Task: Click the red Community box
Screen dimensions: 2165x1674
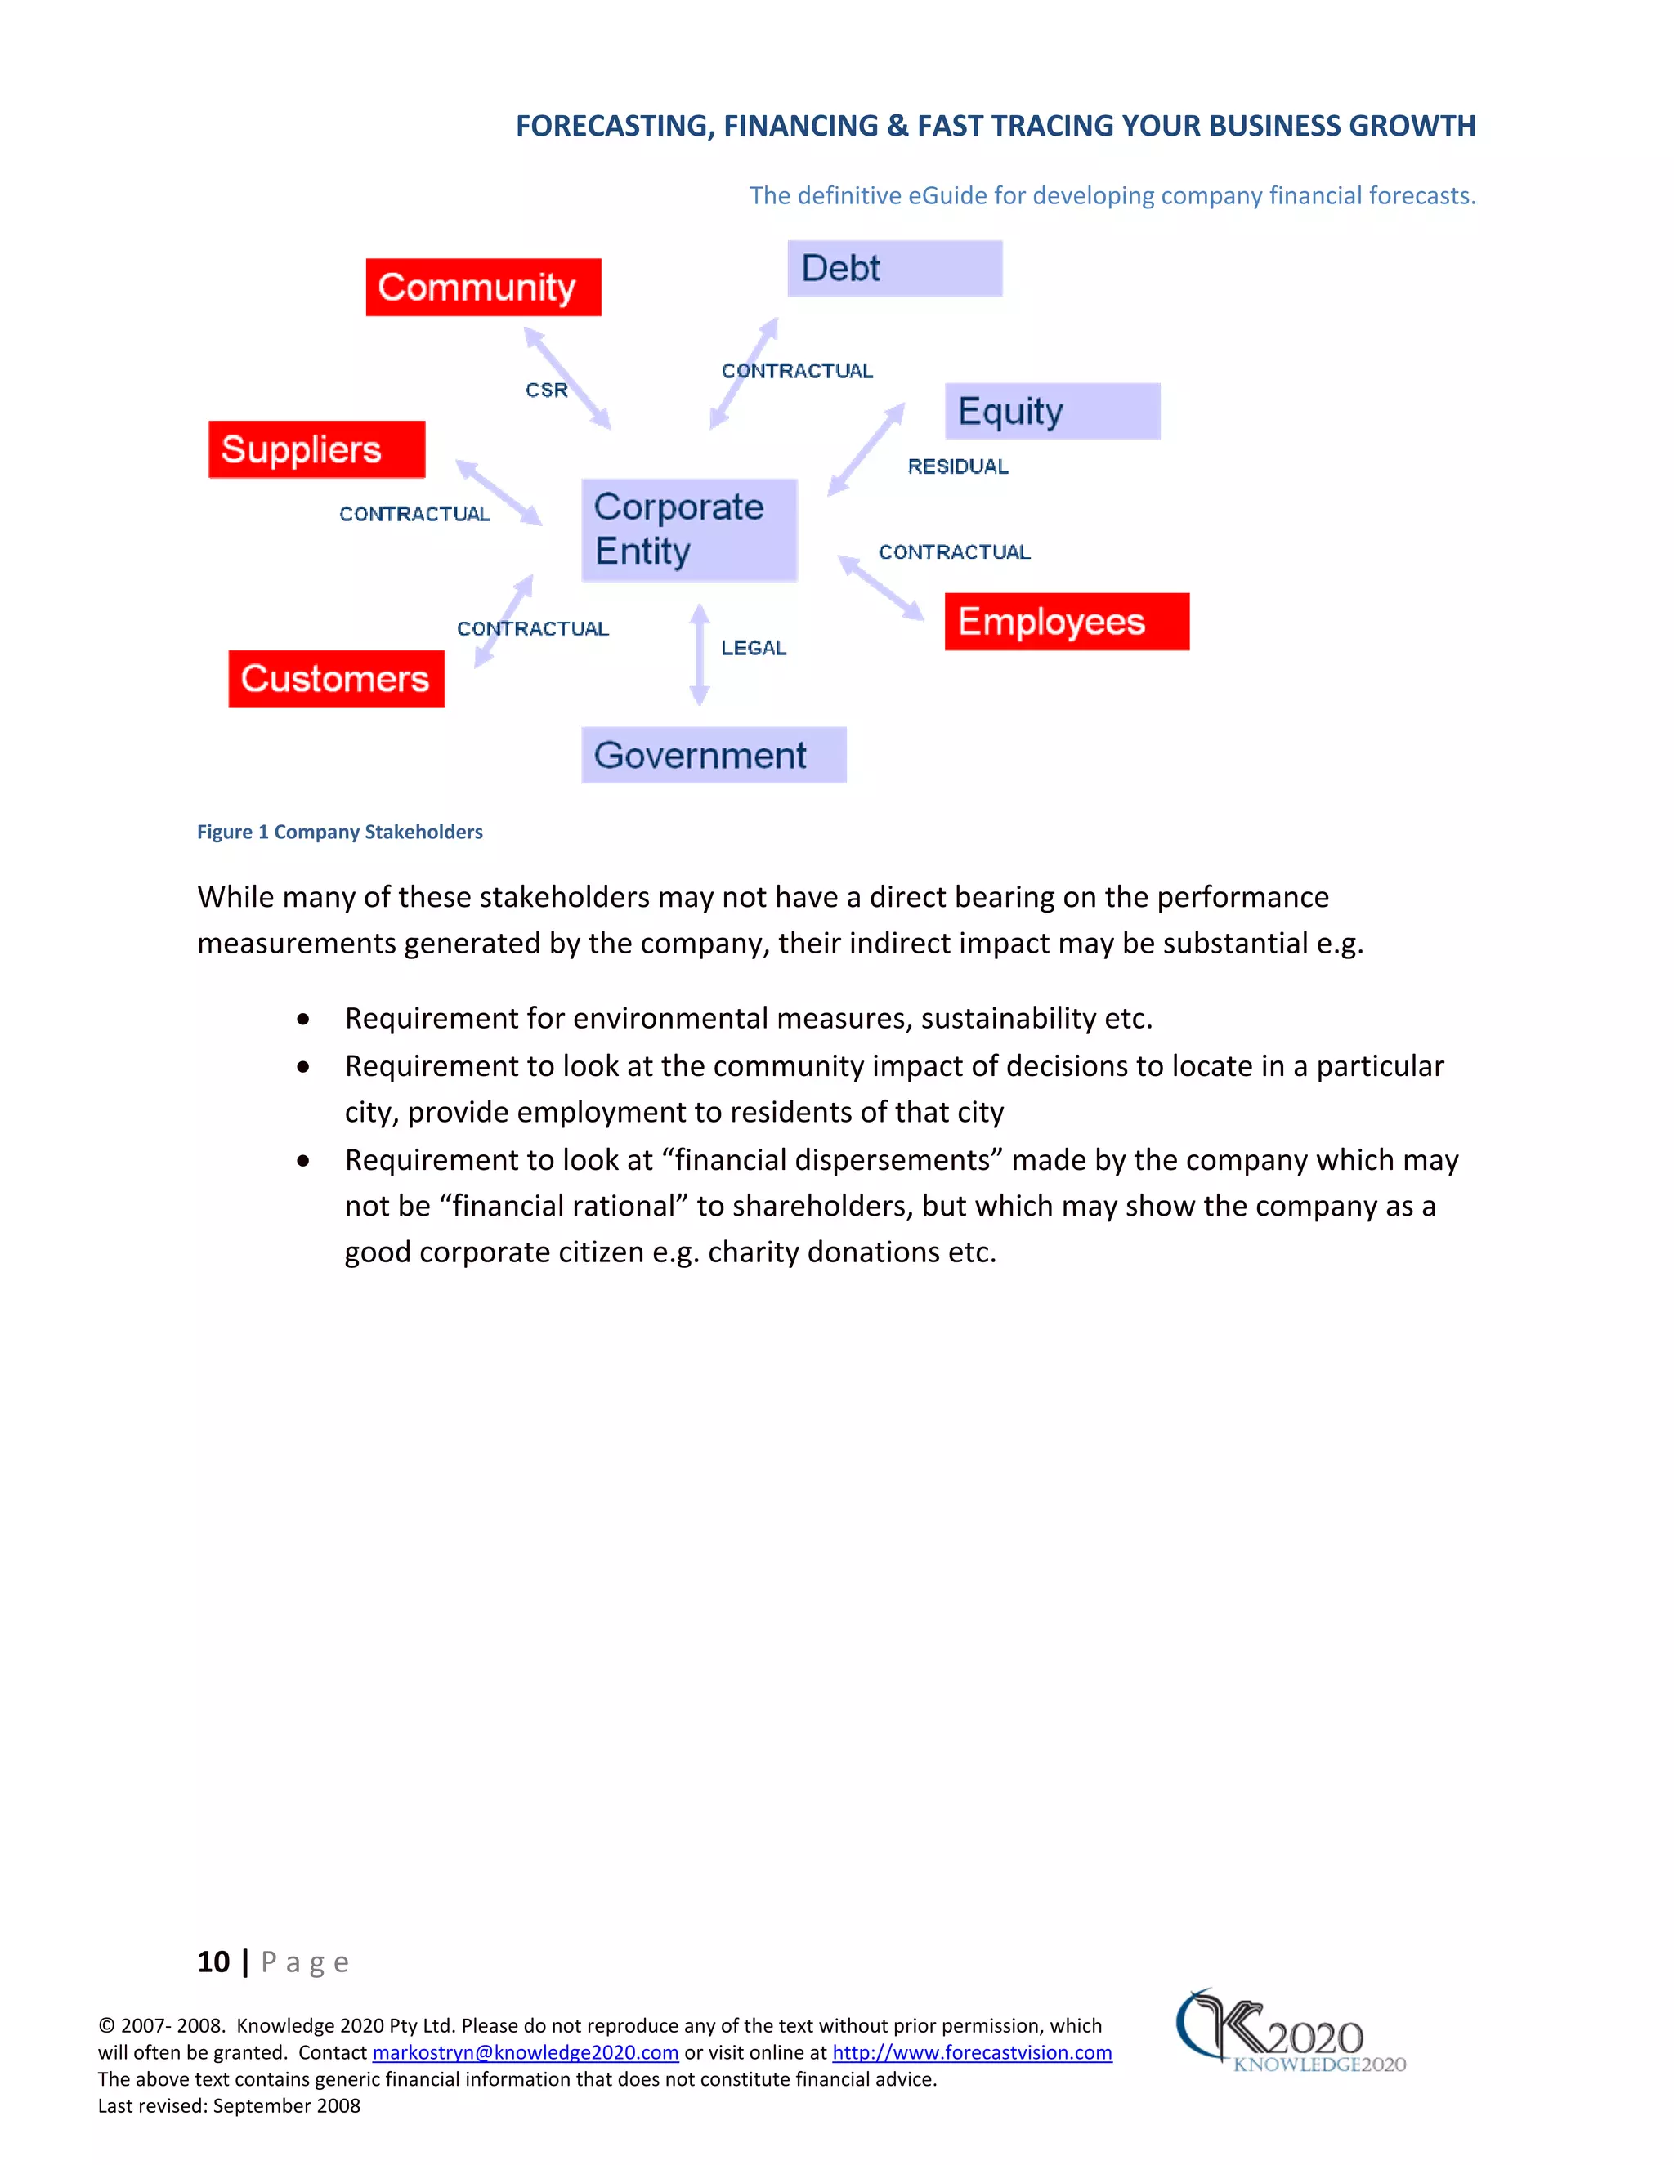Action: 483,288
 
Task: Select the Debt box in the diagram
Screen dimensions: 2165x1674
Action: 893,269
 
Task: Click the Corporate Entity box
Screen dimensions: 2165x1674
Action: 688,529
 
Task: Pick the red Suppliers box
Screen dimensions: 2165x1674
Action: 316,449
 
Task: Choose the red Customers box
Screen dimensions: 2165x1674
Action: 336,679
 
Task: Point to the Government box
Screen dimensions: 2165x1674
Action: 713,756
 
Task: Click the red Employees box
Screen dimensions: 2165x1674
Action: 1066,622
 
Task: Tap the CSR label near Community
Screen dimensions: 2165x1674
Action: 547,391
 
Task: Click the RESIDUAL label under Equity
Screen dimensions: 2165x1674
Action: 957,466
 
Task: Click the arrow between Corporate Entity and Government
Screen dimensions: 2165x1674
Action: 699,654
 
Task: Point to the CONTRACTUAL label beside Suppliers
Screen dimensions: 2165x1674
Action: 414,515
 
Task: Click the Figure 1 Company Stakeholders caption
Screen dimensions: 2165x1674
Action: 339,832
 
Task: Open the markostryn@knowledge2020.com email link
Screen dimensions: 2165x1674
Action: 525,2053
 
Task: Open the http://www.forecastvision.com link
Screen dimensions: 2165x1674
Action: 971,2053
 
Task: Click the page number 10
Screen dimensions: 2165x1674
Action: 213,1962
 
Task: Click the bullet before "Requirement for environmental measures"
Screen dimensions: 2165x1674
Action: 302,1019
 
